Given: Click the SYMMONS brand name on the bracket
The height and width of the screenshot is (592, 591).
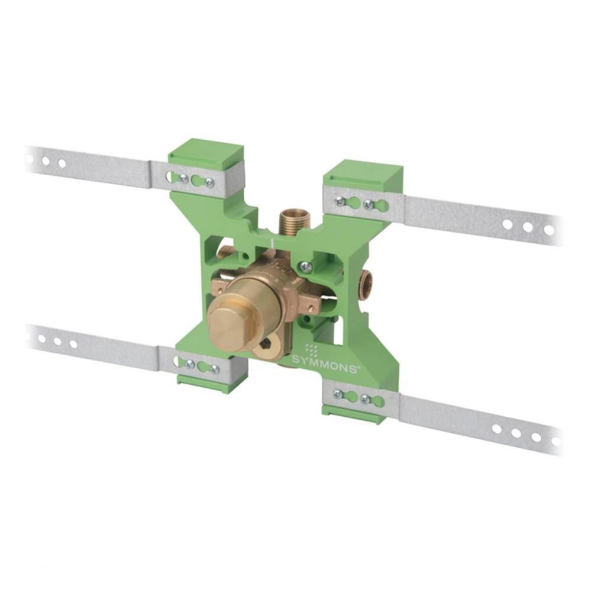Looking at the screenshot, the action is tap(324, 365).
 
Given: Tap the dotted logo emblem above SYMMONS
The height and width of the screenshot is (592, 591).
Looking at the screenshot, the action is tap(311, 350).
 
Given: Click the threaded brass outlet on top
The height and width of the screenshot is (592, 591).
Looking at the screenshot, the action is tap(288, 223).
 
